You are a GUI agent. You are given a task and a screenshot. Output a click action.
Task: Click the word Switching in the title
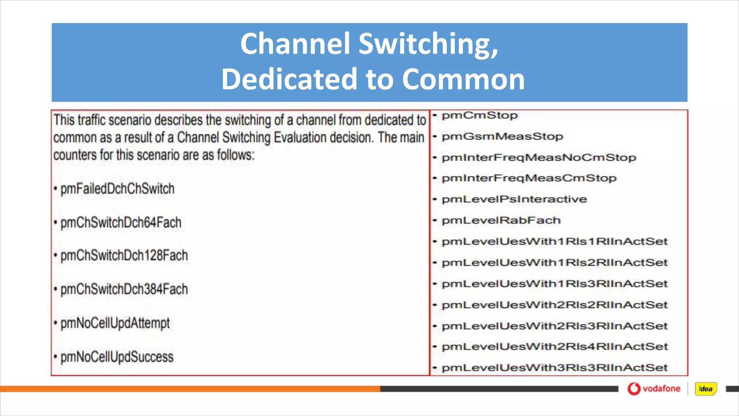[x=428, y=44]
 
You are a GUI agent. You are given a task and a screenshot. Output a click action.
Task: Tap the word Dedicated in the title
[x=289, y=79]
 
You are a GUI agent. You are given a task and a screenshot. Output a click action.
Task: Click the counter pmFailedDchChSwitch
[x=117, y=189]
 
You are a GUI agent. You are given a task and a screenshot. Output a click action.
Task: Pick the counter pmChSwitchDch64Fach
[x=121, y=222]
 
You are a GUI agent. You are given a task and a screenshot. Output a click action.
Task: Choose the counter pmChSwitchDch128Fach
[x=124, y=256]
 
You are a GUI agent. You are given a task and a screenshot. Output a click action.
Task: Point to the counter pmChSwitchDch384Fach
[x=124, y=289]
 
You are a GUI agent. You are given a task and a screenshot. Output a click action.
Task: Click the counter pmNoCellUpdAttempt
[x=115, y=323]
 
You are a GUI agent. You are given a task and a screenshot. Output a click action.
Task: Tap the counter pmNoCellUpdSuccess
[x=117, y=357]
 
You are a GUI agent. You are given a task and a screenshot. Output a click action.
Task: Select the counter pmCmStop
[x=480, y=116]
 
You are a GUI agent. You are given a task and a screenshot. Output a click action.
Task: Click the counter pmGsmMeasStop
[x=502, y=136]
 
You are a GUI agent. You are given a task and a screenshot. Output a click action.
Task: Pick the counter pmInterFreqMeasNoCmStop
[x=539, y=157]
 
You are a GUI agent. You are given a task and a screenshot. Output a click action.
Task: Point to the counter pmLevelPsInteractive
[x=514, y=199]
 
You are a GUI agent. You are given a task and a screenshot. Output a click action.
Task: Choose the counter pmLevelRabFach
[x=501, y=220]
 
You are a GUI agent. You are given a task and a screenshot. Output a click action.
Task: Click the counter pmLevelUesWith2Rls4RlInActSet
[x=555, y=347]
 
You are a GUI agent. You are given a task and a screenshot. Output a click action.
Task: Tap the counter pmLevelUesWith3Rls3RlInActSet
[x=555, y=368]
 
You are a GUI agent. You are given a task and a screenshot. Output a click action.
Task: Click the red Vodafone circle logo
[x=634, y=389]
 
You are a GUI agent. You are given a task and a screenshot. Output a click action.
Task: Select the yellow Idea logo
[x=706, y=389]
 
